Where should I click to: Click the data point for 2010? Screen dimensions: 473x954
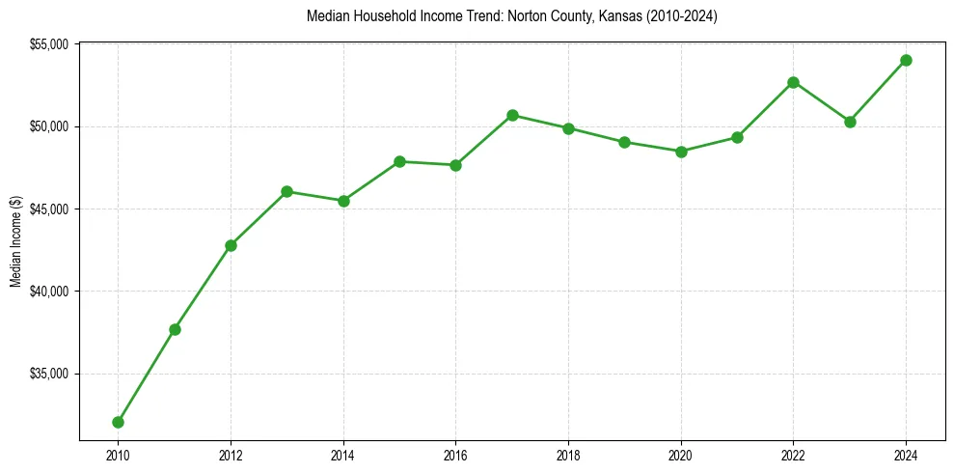point(118,422)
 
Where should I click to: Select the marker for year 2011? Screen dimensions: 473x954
point(175,329)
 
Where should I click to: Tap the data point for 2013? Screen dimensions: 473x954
point(286,191)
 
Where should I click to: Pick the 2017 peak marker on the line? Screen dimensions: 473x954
point(512,115)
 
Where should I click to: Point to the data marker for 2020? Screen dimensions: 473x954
point(681,152)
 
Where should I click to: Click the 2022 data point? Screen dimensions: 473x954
point(793,82)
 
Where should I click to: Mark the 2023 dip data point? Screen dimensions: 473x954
point(850,122)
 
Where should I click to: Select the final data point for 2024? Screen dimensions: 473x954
point(906,60)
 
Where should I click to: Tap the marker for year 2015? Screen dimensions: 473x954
point(399,161)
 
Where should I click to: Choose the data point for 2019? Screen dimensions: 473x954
point(624,142)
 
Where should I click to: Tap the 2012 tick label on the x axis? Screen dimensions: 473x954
point(231,455)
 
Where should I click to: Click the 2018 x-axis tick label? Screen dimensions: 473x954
point(568,455)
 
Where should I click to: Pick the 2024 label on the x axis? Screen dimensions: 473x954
point(906,455)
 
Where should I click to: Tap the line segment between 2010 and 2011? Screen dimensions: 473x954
point(147,376)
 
